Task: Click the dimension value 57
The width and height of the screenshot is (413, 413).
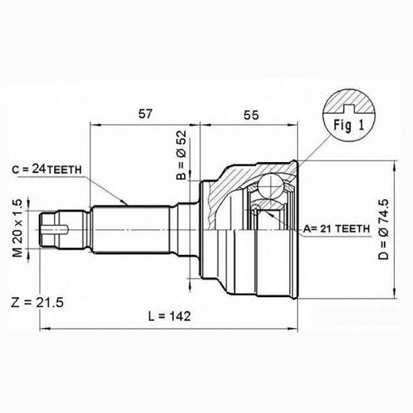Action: [145, 114]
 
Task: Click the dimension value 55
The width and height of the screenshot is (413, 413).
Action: [251, 115]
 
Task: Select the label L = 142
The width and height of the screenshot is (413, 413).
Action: [169, 316]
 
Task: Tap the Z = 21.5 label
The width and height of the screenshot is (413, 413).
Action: [37, 303]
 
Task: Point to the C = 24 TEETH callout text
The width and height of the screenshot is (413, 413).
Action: [47, 169]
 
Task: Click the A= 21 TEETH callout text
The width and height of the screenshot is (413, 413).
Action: [336, 229]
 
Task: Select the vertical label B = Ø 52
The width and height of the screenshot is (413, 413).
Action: [182, 156]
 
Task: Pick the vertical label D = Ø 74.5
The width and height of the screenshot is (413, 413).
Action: [383, 230]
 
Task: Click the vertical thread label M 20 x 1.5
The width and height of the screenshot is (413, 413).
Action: [17, 228]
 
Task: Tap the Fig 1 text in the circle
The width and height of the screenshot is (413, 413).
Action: [349, 125]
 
